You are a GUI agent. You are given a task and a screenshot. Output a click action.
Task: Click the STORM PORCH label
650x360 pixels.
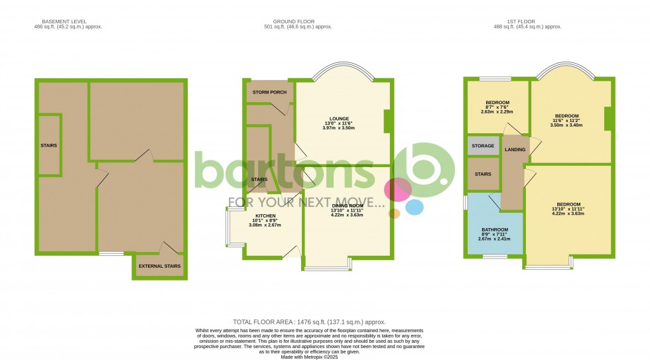pos(270,92)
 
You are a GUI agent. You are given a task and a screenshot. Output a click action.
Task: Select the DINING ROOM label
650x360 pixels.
pos(347,206)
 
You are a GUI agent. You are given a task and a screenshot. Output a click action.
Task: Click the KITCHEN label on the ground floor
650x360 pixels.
pos(265,215)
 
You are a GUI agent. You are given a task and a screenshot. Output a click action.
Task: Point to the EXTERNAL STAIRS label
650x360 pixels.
pos(159,267)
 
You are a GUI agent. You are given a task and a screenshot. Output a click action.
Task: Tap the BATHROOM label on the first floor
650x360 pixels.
pos(495,229)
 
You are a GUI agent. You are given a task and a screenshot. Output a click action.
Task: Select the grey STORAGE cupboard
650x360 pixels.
pos(483,146)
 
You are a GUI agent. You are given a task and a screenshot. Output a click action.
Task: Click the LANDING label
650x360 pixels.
pos(515,150)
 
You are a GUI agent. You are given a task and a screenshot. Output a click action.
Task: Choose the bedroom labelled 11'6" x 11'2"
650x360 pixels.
pos(567,116)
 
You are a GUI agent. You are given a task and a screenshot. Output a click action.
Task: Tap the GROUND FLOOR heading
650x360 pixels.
pos(297,21)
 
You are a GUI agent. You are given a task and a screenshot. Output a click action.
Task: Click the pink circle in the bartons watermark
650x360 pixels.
pos(397,189)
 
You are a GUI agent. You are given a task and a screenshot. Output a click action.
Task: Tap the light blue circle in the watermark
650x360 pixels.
pos(415,207)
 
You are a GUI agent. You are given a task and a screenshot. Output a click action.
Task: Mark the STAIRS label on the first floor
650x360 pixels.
pos(483,174)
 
